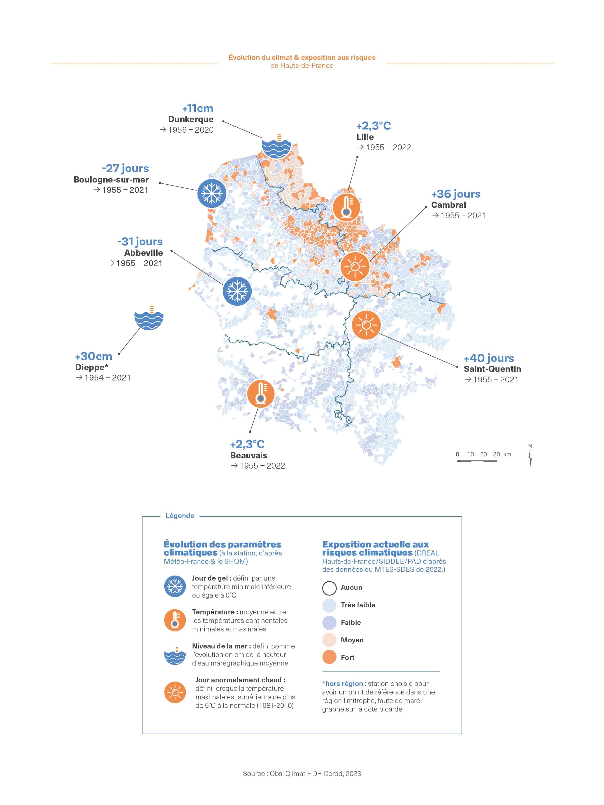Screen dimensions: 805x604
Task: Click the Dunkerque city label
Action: click(x=191, y=119)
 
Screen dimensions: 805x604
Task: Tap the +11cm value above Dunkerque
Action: click(x=198, y=109)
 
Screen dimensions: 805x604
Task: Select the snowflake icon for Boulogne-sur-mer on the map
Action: click(x=212, y=193)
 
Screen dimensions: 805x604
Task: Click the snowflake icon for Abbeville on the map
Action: click(x=237, y=291)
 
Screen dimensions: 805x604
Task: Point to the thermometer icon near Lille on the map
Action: click(x=346, y=207)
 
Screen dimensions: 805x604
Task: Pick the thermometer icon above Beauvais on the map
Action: click(x=261, y=394)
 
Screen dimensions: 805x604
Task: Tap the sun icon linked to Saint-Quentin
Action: click(x=366, y=325)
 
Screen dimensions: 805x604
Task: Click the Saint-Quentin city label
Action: click(x=492, y=369)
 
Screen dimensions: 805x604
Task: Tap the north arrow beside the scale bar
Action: click(x=530, y=456)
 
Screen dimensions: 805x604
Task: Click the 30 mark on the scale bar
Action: click(x=496, y=454)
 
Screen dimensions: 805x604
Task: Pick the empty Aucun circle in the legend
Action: click(x=329, y=587)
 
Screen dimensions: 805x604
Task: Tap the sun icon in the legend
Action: click(x=175, y=692)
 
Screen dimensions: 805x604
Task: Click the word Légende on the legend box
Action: click(x=180, y=516)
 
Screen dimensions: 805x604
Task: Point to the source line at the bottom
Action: click(x=302, y=774)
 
